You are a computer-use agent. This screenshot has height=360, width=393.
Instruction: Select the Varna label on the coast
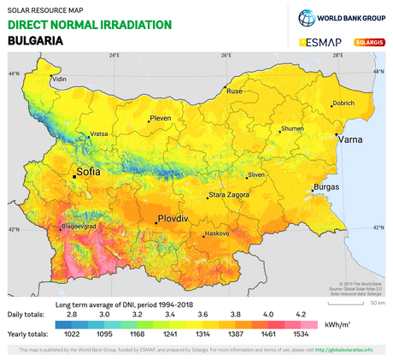[x=350, y=139]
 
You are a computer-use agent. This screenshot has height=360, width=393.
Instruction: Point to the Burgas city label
[x=326, y=186]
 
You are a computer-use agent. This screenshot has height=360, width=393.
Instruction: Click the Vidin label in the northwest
[x=59, y=80]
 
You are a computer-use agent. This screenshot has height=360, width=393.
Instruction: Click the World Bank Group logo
[x=341, y=17]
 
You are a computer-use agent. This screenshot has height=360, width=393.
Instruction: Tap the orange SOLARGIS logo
[x=367, y=41]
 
